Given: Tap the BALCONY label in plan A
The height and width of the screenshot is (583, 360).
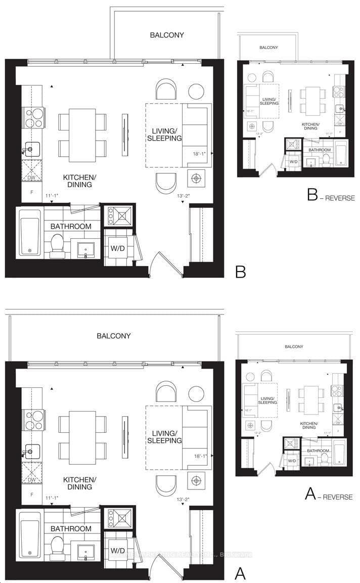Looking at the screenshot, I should [114, 336].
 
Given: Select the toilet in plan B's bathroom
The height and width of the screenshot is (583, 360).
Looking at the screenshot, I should [57, 247].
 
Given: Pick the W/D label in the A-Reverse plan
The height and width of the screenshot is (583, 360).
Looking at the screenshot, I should [292, 461].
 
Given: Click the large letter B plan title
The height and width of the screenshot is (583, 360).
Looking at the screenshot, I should [241, 272].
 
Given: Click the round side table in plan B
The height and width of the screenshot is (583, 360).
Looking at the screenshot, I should [196, 91].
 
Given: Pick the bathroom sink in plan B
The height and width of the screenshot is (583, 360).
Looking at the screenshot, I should [86, 249].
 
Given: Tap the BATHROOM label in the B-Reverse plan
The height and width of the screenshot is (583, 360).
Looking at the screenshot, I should [320, 150].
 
